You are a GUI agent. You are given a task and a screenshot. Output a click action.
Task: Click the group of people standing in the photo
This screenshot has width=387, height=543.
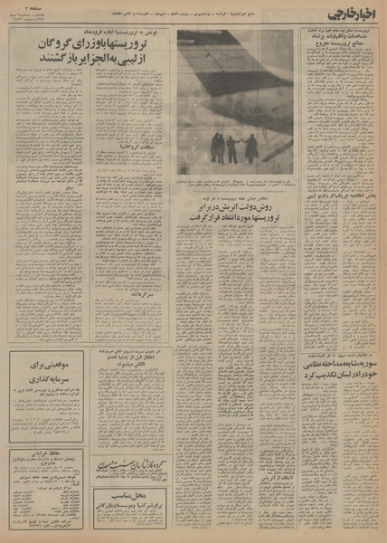pyautogui.click(x=234, y=147)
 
